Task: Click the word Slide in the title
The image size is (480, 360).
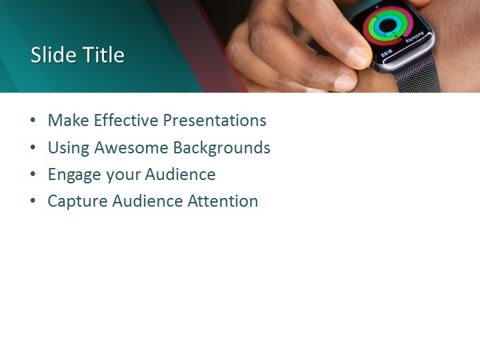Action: [x=51, y=55]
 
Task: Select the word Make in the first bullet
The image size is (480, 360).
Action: [x=68, y=121]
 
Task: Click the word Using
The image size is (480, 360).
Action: [x=69, y=148]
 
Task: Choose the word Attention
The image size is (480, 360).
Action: [x=223, y=201]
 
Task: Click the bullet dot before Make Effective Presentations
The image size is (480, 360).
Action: [x=33, y=121]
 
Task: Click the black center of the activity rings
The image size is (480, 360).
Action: [x=389, y=26]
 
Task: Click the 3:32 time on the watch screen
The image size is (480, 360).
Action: [x=387, y=53]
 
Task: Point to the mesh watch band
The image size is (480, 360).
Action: [x=418, y=79]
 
